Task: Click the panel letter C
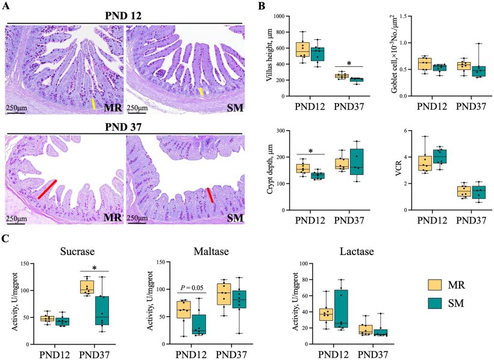(5, 240)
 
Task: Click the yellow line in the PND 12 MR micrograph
(93, 104)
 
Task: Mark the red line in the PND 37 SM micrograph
(210, 195)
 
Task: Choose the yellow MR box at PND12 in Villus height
(302, 49)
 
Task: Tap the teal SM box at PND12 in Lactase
(341, 308)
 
